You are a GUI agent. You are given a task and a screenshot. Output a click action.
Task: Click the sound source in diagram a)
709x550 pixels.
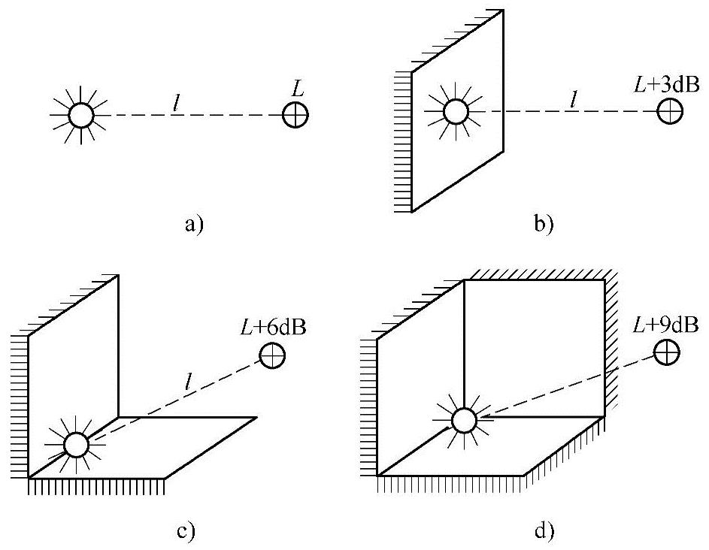coord(80,116)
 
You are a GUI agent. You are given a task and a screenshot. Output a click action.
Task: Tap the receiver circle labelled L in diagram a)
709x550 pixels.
coord(295,116)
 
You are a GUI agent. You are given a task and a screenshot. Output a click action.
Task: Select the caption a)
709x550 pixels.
coord(193,225)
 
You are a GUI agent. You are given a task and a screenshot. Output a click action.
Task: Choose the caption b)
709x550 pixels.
coord(541,225)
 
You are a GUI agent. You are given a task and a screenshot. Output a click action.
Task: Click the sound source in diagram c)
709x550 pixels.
coord(76,445)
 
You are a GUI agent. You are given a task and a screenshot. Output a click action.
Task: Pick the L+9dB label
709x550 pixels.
coord(665,325)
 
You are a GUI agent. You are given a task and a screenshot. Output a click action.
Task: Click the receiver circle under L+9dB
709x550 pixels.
coord(666,352)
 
